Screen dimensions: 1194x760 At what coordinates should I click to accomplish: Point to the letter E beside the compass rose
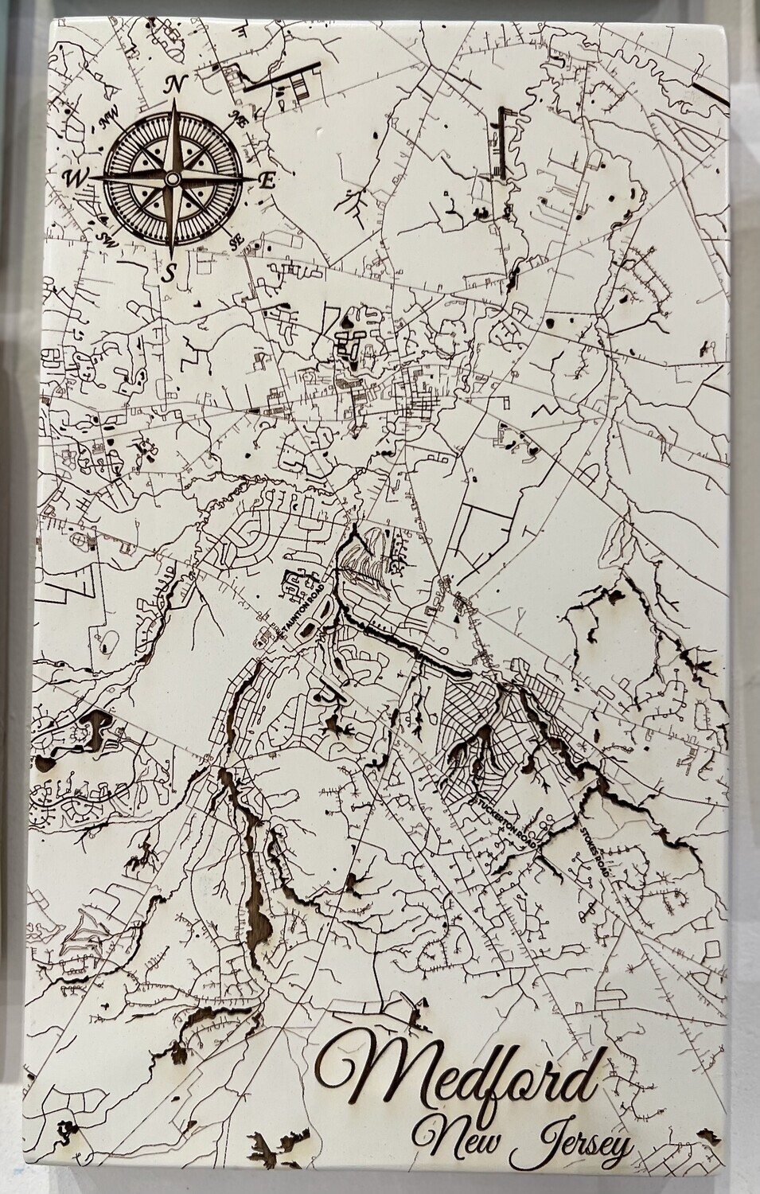pyautogui.click(x=267, y=181)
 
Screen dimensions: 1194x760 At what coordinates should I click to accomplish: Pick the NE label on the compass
pyautogui.click(x=236, y=120)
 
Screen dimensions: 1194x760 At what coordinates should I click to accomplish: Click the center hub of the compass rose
pyautogui.click(x=170, y=179)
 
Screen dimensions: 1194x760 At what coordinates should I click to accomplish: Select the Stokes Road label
pyautogui.click(x=595, y=851)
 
